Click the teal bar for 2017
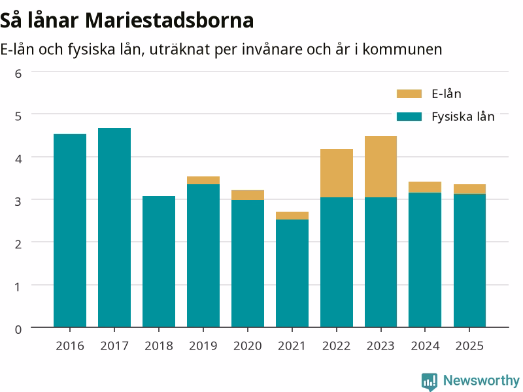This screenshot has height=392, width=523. coord(114,227)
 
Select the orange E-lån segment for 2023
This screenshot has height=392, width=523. coord(380,167)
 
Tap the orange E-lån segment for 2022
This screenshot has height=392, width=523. coord(337,173)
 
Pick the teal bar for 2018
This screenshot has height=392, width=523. coord(159,261)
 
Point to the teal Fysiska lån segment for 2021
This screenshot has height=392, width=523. coord(292,273)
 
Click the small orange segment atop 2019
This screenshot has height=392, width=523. coord(203,180)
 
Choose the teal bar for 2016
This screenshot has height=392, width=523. coord(70,231)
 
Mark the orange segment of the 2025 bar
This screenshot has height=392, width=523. coord(469,189)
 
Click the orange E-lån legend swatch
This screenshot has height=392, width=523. coord(409,93)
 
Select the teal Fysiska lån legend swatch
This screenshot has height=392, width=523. coord(409,117)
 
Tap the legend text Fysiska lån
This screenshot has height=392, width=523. coord(463,117)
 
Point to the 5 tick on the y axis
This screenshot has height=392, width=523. coord(18,116)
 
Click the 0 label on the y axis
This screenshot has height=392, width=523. coord(18,329)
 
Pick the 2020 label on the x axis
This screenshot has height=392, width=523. coord(248,346)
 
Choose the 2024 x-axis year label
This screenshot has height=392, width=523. coord(425,346)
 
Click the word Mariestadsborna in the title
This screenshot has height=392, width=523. coord(169,20)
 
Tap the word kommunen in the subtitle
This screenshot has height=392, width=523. coord(402,50)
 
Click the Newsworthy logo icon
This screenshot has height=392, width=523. coord(430,382)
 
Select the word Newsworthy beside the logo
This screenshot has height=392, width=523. coord(481,380)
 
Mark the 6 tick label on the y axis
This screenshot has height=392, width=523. coord(18,74)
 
